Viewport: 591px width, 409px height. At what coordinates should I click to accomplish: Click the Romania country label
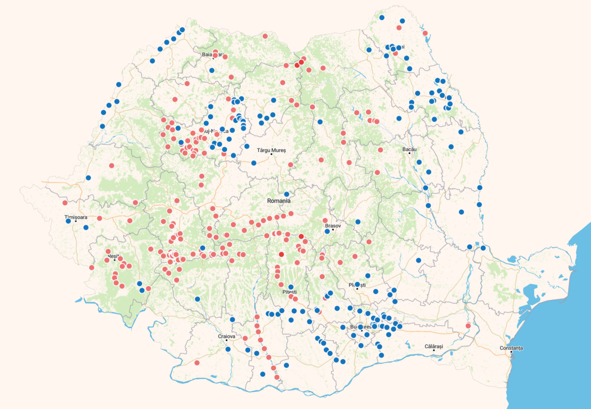tap(279, 201)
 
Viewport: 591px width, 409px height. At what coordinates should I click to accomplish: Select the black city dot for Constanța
tap(511, 352)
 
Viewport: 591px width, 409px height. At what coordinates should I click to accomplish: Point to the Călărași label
tap(434, 346)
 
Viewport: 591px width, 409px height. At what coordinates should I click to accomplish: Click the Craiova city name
tap(227, 337)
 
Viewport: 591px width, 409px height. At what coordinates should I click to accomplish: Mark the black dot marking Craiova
tap(227, 341)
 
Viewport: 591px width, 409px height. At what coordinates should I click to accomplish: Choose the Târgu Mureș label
tap(271, 150)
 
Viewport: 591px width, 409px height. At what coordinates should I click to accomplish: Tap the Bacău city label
tap(409, 149)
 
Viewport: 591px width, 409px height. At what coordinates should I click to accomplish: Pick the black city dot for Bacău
tap(410, 153)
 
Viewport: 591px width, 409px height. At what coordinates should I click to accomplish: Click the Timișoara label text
tap(76, 217)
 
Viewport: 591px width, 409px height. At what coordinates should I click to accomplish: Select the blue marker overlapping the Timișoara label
tap(68, 221)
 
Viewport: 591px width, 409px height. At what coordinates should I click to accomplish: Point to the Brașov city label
tap(333, 226)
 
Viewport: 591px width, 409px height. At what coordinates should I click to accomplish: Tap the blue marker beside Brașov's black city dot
tap(327, 231)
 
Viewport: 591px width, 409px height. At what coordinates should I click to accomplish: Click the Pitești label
tap(289, 292)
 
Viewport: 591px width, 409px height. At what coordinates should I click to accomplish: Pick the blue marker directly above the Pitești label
tap(291, 287)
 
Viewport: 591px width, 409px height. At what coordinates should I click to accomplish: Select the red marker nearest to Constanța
tap(468, 326)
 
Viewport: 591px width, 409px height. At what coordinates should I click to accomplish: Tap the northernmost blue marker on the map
tap(382, 18)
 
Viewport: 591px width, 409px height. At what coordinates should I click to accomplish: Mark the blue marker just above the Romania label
tap(287, 194)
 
